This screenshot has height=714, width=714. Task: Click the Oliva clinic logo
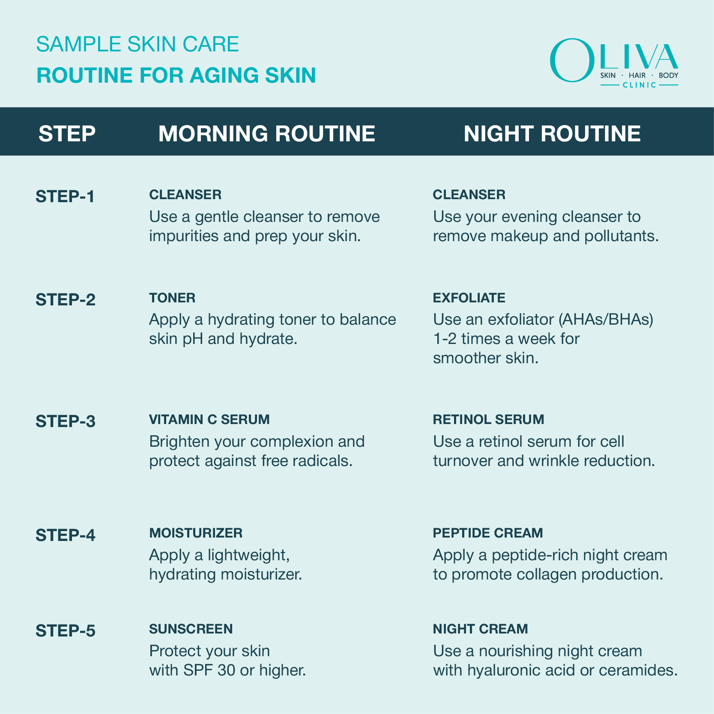tap(614, 63)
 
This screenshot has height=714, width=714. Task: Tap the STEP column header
tap(67, 133)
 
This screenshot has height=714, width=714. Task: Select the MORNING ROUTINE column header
tap(266, 133)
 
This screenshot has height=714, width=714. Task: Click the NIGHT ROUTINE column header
tap(552, 133)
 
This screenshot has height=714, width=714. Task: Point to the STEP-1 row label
tap(65, 197)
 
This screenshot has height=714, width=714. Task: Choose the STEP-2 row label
tap(66, 300)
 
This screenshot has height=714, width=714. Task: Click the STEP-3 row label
tap(66, 421)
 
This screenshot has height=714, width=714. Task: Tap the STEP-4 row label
tap(66, 535)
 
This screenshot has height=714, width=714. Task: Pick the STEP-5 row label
tap(66, 631)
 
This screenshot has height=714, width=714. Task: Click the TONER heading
tap(172, 298)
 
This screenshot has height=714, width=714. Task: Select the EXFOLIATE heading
tap(469, 298)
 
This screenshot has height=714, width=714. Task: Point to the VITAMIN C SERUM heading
tap(209, 419)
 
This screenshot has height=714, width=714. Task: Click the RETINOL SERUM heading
tap(488, 419)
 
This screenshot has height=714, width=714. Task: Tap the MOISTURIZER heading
tap(196, 533)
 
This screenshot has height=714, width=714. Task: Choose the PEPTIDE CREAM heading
tap(488, 533)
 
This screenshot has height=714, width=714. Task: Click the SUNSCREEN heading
tap(191, 629)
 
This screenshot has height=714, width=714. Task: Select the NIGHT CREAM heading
tap(480, 629)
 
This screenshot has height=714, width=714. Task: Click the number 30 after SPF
tap(226, 670)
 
